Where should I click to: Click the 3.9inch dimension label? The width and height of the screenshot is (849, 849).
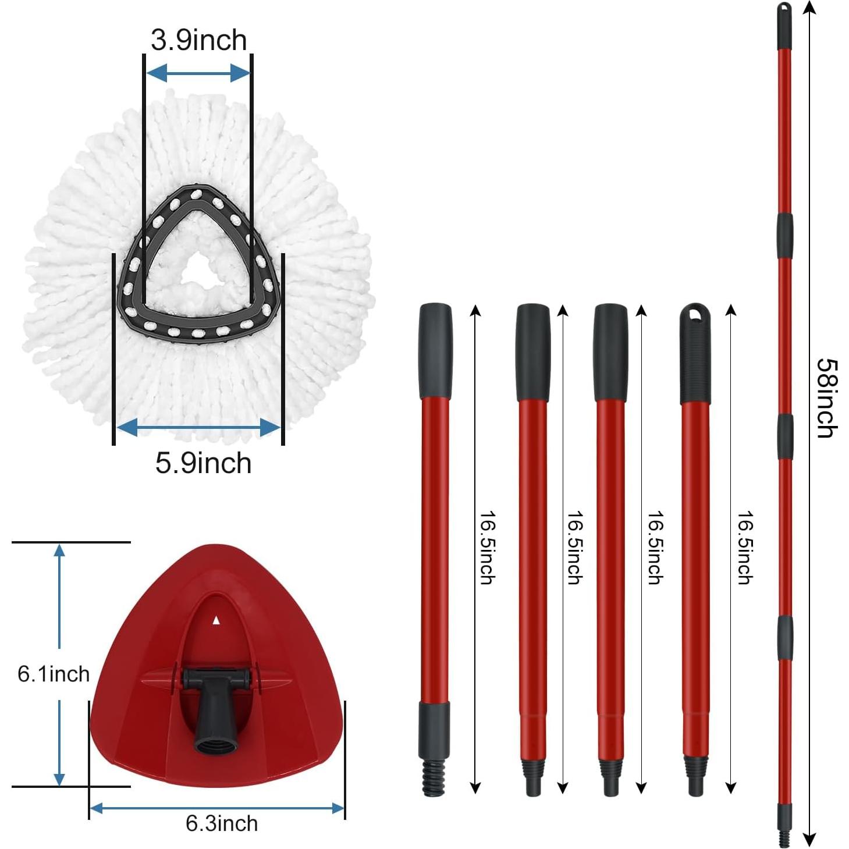click(198, 40)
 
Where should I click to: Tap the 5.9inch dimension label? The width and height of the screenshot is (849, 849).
click(203, 463)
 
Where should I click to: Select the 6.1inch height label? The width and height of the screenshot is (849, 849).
click(54, 674)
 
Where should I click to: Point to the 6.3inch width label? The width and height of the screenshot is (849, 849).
click(222, 823)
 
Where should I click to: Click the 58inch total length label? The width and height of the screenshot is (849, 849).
click(826, 398)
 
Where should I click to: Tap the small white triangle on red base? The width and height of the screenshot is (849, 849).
click(216, 620)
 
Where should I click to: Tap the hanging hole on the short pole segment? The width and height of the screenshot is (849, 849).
click(695, 314)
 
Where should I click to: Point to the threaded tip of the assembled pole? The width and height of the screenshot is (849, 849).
click(785, 838)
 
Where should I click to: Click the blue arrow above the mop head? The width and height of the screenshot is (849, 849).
click(198, 73)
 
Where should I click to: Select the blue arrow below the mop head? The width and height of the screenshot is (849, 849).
click(198, 428)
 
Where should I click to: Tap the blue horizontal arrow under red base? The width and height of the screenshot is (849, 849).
click(217, 808)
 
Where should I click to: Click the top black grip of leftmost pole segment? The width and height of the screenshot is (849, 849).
click(435, 350)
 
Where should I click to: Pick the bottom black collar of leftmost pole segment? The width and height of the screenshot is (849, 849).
click(434, 722)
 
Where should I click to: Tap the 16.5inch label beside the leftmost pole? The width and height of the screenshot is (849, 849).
click(486, 548)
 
